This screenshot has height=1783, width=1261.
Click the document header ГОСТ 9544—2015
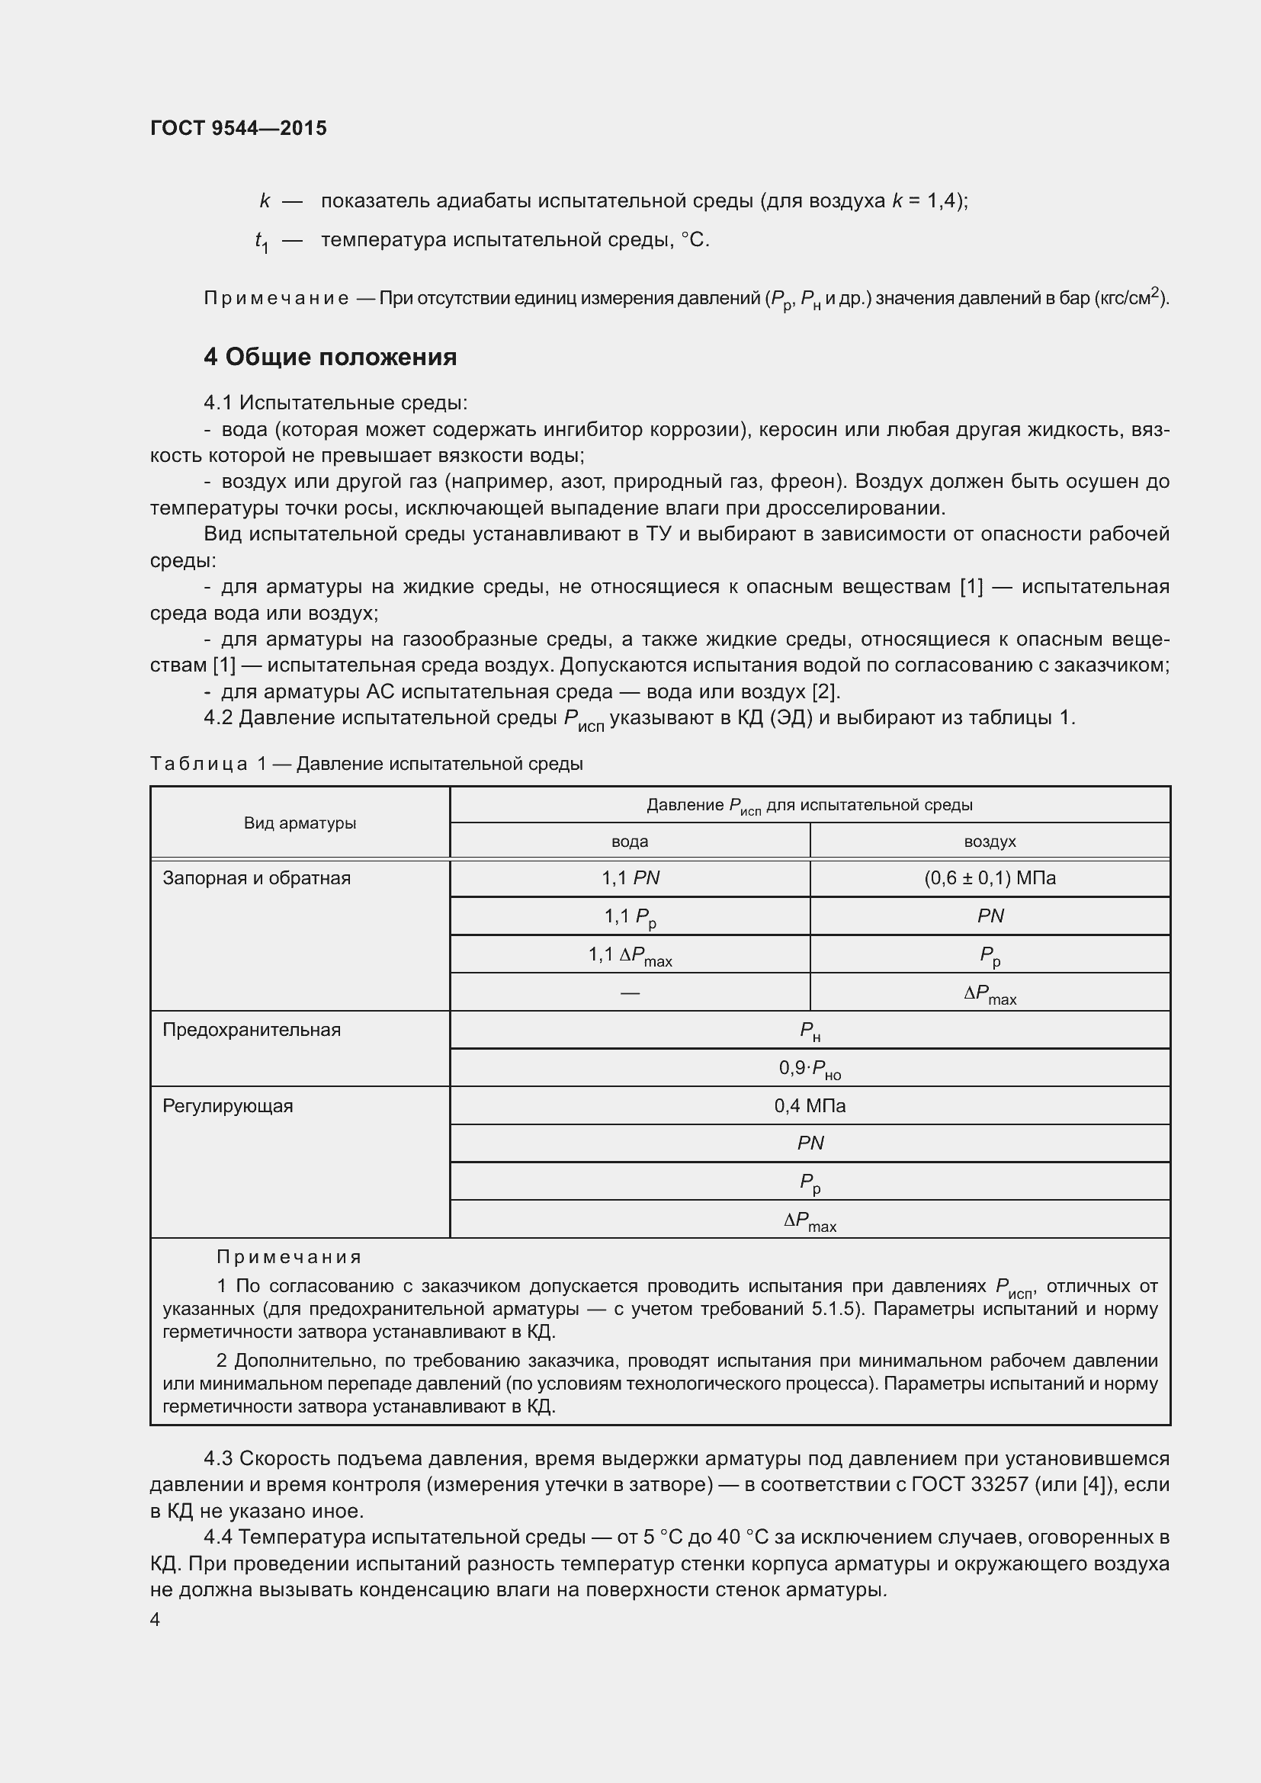[x=239, y=128]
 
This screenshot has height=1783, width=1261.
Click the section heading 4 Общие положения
[x=330, y=358]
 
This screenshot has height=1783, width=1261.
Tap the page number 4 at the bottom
[x=156, y=1619]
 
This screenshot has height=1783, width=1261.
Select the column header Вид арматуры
[x=300, y=823]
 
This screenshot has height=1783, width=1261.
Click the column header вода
[x=630, y=842]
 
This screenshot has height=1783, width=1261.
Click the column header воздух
[x=990, y=842]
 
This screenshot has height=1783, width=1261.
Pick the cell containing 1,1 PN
[x=630, y=878]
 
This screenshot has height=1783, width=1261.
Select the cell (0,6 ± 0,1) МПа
[x=990, y=878]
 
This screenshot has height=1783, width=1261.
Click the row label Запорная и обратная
[x=256, y=878]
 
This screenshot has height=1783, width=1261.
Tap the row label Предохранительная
[x=252, y=1030]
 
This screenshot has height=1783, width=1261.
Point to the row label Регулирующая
[x=227, y=1106]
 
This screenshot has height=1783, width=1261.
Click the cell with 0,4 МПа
[x=810, y=1106]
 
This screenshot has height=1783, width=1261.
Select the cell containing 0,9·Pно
[x=810, y=1069]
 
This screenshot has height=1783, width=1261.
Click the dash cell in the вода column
[x=630, y=993]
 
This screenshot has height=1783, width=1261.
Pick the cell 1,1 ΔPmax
[x=630, y=955]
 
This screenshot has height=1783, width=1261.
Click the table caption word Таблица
[x=199, y=764]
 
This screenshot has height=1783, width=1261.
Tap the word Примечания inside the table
[x=289, y=1257]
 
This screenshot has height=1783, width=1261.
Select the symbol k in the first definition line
[x=265, y=201]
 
